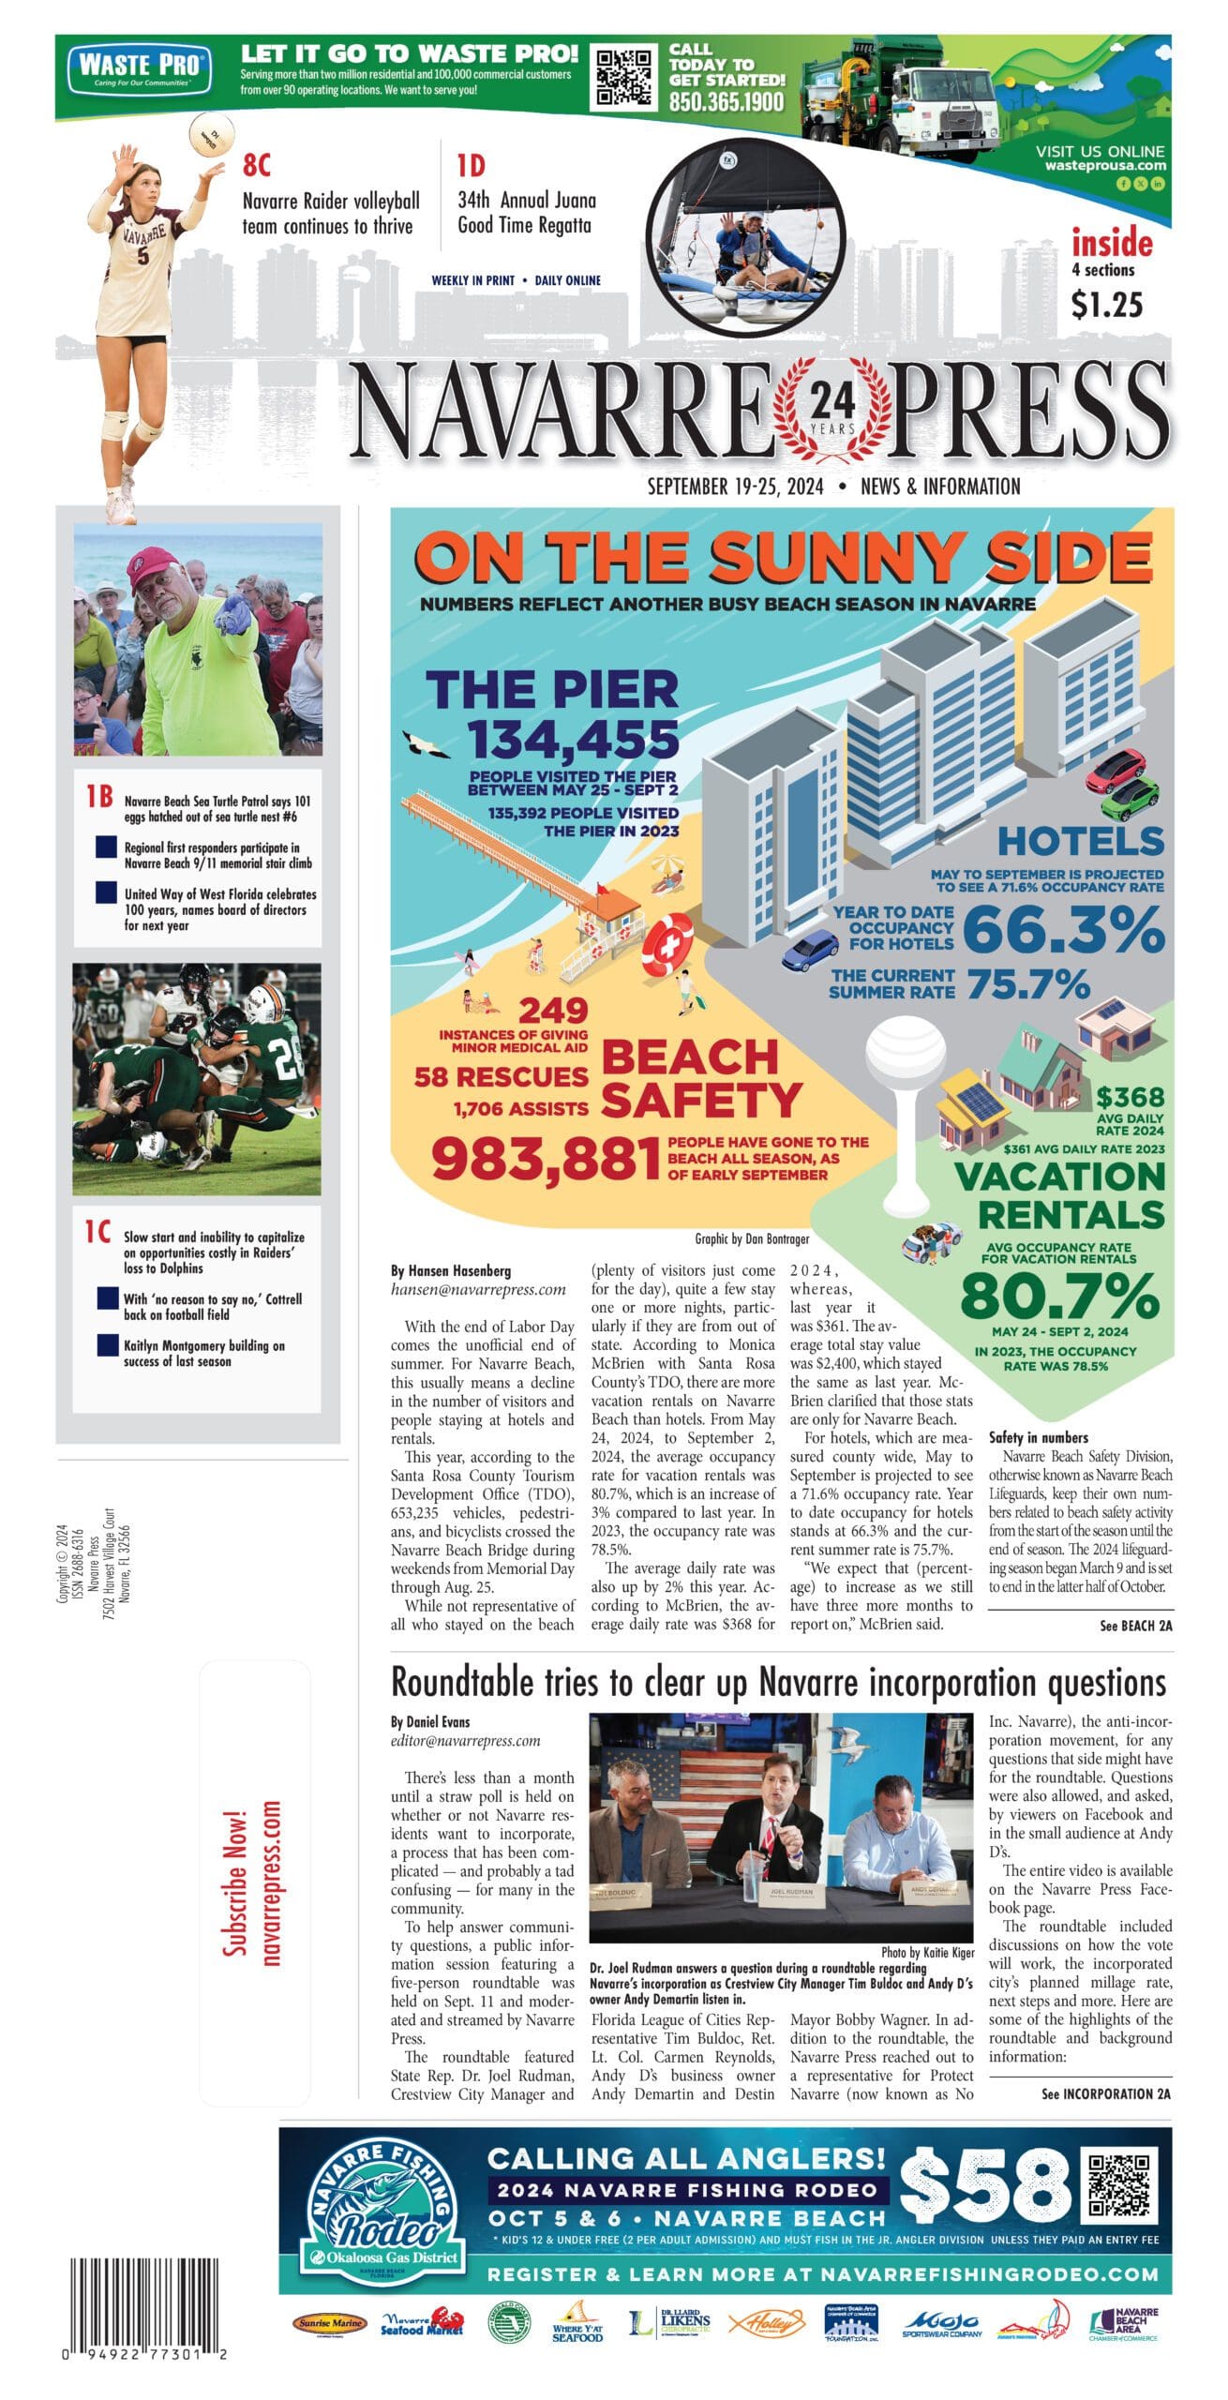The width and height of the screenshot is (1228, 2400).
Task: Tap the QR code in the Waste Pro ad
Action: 626,79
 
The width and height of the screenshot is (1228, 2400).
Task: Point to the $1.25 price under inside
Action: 1107,304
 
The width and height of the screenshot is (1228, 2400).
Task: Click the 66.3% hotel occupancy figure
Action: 1063,930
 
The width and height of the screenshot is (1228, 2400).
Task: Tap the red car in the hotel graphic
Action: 1116,769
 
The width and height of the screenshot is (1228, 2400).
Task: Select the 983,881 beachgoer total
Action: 546,1159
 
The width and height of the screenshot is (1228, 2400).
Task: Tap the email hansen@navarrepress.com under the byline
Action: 478,1289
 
